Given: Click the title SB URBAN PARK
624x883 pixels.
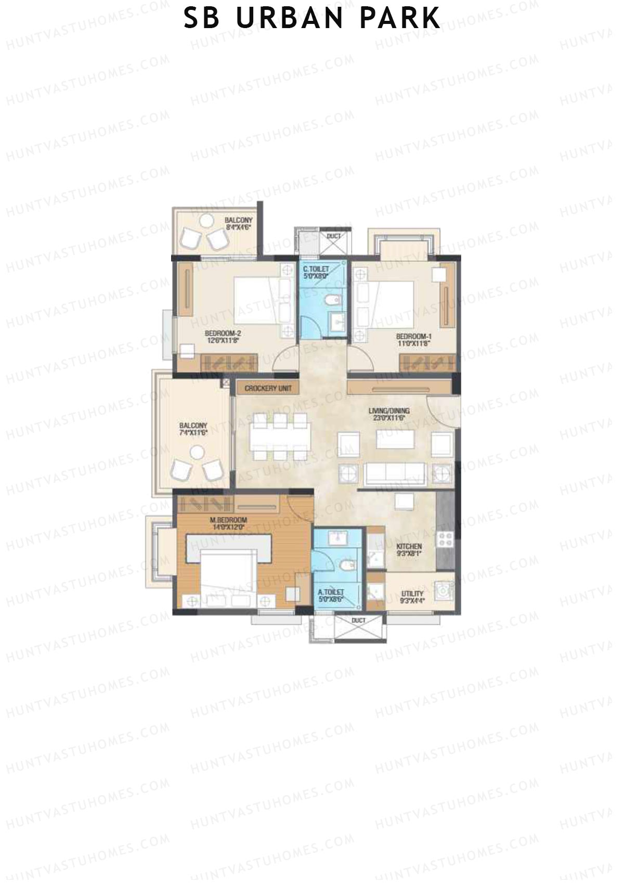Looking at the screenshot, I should click(x=312, y=18).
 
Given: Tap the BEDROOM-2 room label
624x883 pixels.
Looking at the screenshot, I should click(x=223, y=334).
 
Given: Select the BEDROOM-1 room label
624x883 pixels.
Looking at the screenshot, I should click(x=413, y=336).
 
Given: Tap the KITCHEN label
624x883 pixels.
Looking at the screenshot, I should click(x=409, y=546).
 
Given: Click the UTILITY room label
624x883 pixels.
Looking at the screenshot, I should click(x=412, y=594).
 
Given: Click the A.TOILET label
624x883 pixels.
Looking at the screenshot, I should click(x=331, y=592).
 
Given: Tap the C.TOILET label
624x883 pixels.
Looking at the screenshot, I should click(x=315, y=269).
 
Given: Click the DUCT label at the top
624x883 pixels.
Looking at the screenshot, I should click(x=333, y=236).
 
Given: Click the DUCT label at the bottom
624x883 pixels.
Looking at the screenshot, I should click(x=358, y=620).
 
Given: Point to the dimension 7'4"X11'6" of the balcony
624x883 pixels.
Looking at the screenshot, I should click(x=193, y=432).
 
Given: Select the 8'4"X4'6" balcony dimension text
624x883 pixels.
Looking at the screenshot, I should click(x=238, y=227).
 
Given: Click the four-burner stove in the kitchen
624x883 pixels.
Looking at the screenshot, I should click(x=446, y=539).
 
